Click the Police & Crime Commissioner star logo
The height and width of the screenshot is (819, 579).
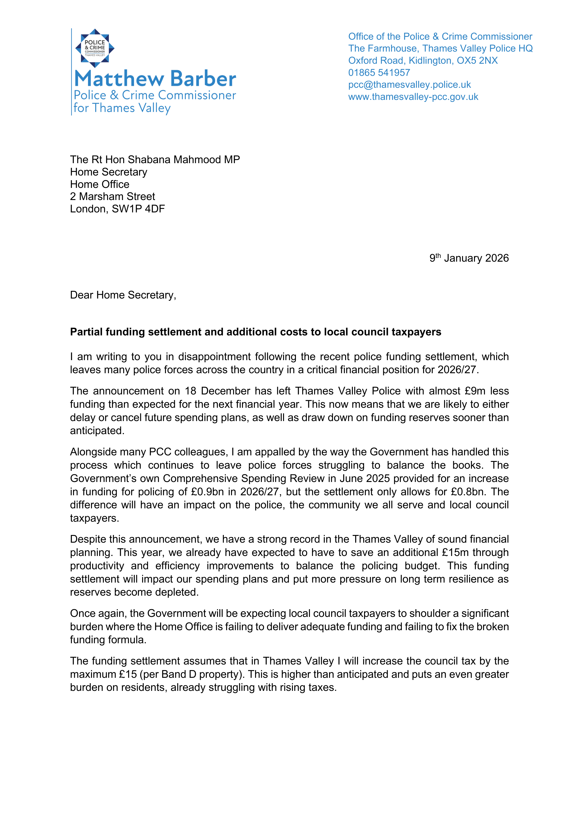point(95,48)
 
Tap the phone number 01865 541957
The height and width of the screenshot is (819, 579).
point(379,73)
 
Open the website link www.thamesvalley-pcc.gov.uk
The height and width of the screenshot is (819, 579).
point(413,97)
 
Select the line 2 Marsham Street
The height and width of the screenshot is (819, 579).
point(112,197)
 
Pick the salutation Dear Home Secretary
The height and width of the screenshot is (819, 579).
point(123,295)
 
